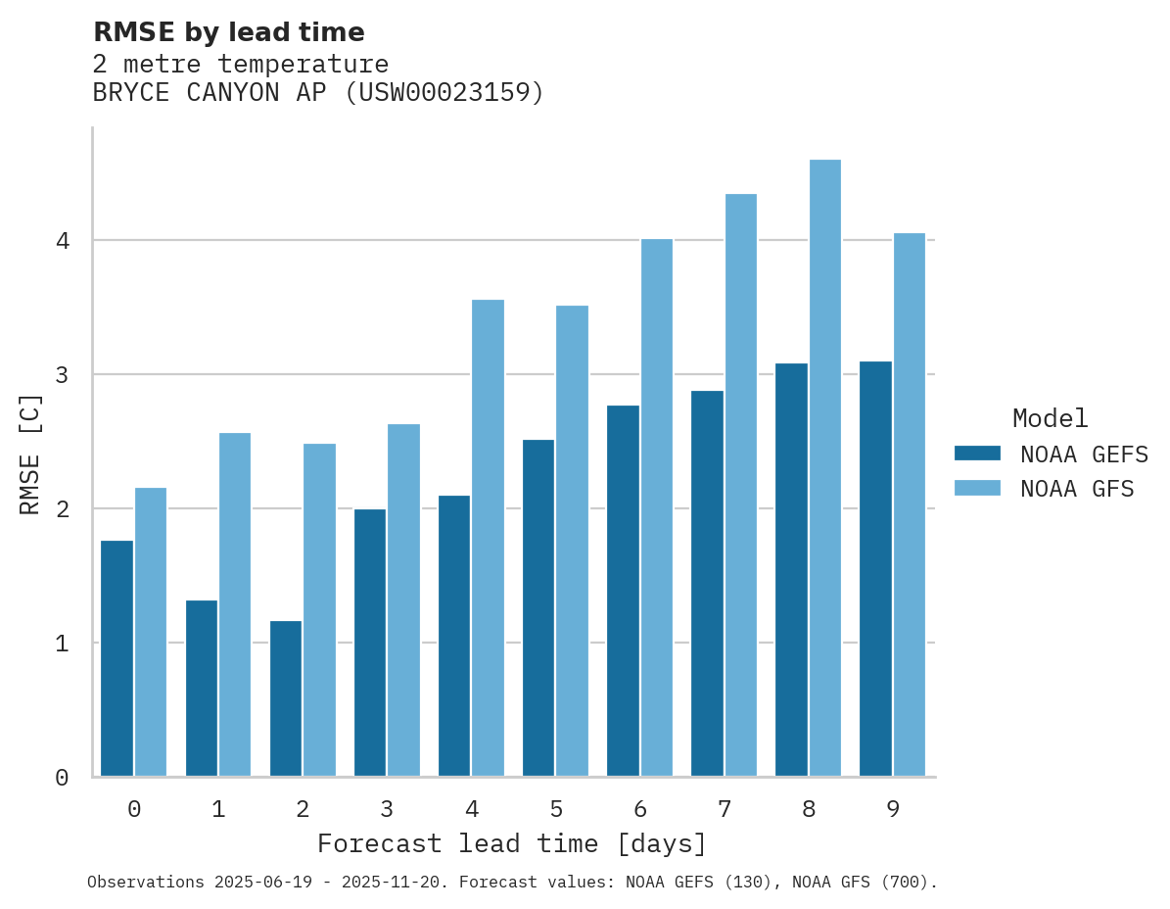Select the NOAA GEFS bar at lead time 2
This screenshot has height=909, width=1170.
click(x=286, y=698)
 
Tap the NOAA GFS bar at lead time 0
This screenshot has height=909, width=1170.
click(x=151, y=632)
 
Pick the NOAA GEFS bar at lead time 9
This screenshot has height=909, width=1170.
click(x=875, y=569)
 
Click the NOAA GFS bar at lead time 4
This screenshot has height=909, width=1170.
click(x=488, y=538)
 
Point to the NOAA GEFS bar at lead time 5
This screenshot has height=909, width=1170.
click(x=538, y=608)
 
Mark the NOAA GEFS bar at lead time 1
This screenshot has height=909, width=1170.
click(x=202, y=689)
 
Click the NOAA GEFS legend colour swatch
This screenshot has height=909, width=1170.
click(x=977, y=454)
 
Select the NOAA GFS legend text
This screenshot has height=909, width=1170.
click(x=1077, y=489)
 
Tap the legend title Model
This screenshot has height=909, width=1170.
click(x=1050, y=419)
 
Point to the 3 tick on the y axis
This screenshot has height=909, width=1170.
click(x=62, y=375)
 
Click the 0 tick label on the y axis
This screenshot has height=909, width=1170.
click(x=62, y=778)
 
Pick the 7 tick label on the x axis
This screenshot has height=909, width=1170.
click(x=725, y=810)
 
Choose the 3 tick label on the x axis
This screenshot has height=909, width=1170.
click(x=387, y=810)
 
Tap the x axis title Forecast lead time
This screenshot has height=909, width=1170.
click(x=511, y=844)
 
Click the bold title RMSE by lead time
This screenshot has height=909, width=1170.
click(x=229, y=32)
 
